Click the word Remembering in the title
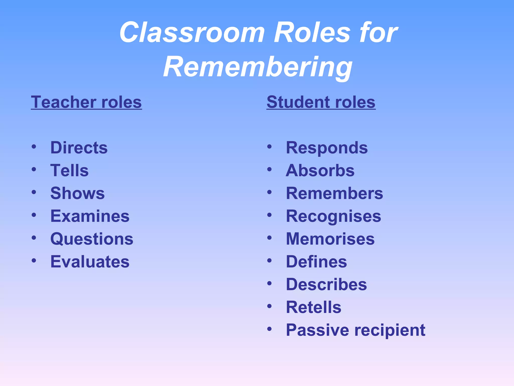(258, 67)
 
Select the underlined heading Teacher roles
(86, 102)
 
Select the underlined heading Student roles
(321, 102)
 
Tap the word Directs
(79, 148)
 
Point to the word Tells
(69, 170)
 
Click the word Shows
(77, 193)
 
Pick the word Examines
(90, 216)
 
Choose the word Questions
(92, 239)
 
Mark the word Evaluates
(90, 262)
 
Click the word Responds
(327, 148)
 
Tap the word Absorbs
(320, 170)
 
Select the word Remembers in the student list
(334, 193)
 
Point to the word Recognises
(333, 216)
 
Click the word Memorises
(330, 239)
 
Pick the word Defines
(316, 262)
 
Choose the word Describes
(326, 284)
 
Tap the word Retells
(313, 307)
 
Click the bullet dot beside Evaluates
(34, 261)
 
